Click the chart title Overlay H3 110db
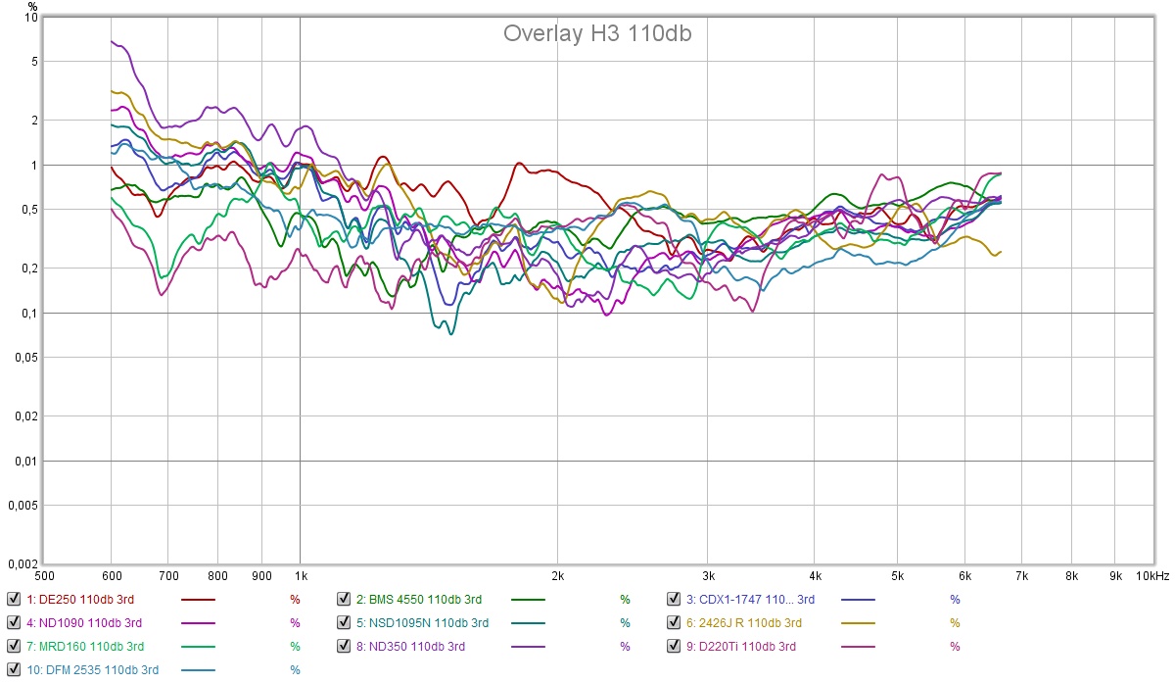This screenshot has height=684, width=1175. click(598, 33)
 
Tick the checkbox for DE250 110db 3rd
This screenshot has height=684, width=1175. click(14, 599)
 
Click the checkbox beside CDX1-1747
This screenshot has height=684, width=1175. click(674, 599)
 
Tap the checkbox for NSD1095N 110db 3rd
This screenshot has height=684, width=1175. click(344, 622)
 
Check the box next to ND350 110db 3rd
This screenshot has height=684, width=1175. click(344, 646)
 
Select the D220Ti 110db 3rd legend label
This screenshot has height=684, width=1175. click(748, 646)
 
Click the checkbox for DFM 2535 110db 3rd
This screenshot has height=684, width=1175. click(14, 669)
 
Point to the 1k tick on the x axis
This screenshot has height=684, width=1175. click(301, 576)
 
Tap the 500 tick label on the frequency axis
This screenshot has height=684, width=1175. click(45, 576)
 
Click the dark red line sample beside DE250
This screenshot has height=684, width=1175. click(198, 599)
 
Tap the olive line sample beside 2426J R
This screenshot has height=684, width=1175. click(858, 622)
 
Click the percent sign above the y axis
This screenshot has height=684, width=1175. click(32, 6)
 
